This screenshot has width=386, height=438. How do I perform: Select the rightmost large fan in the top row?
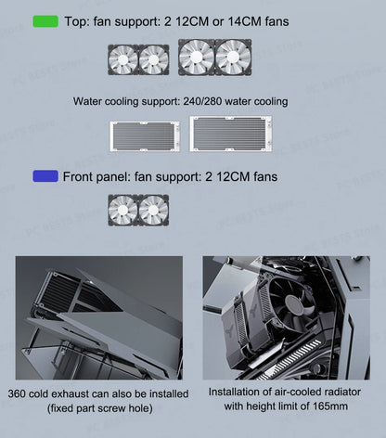tap(233, 57)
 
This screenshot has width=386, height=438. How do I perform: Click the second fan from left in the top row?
tap(153, 59)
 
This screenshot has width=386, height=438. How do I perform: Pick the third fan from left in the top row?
tap(196, 57)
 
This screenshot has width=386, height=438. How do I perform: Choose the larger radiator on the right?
tap(233, 134)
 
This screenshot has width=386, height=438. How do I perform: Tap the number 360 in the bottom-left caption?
tap(18, 393)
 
